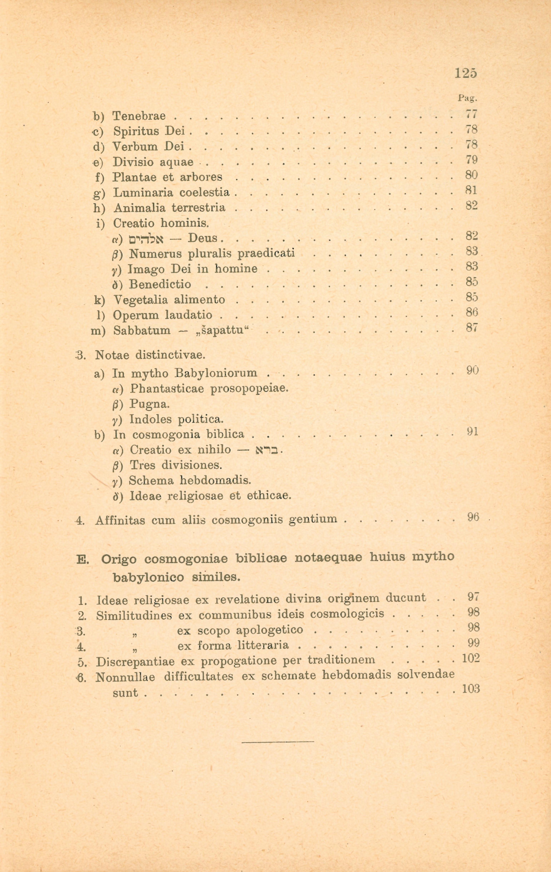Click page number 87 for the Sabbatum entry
[x=472, y=327]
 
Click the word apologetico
[x=269, y=630]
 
